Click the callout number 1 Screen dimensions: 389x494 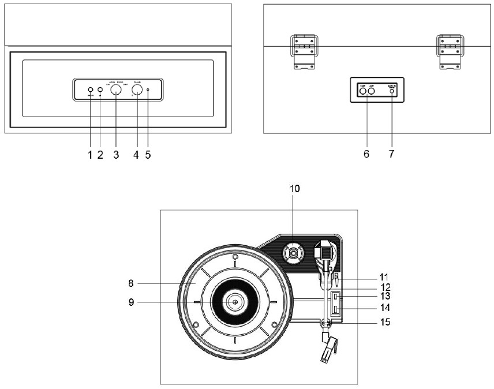tap(90, 155)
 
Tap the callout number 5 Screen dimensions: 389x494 tap(148, 155)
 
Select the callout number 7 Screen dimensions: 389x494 tap(392, 155)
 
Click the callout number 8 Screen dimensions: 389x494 tap(132, 283)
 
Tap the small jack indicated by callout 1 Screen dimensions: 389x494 tap(91, 90)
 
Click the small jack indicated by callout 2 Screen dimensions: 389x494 tap(100, 90)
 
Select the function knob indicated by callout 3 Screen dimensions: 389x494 tap(116, 90)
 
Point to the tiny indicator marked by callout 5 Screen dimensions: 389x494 tap(148, 90)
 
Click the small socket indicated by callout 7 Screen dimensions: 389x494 tap(392, 91)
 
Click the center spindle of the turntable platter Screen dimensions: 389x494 tap(235, 301)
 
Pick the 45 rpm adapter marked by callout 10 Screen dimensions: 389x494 tap(293, 253)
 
